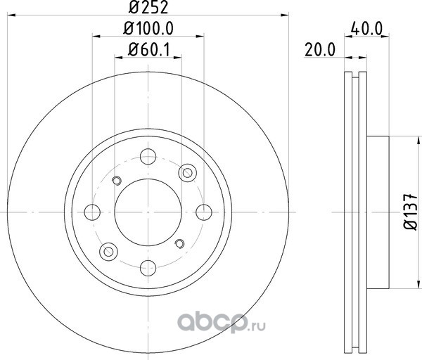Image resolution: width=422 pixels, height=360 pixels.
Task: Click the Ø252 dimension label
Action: [x=148, y=7]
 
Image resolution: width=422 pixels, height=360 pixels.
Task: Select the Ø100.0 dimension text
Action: [x=148, y=28]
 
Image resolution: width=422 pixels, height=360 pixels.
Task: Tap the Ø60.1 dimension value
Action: [x=149, y=50]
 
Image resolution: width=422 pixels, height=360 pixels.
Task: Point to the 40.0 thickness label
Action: [x=367, y=29]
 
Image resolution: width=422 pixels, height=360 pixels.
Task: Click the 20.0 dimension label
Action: [x=320, y=50]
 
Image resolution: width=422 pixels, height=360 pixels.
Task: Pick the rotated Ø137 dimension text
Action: [x=411, y=212]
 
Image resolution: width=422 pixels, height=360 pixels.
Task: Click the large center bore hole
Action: [x=148, y=212]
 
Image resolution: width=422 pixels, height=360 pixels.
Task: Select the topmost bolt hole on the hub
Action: [x=148, y=156]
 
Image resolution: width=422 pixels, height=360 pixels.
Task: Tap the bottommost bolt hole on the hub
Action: [x=148, y=268]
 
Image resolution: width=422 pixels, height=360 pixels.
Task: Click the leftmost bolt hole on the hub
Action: [x=92, y=212]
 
